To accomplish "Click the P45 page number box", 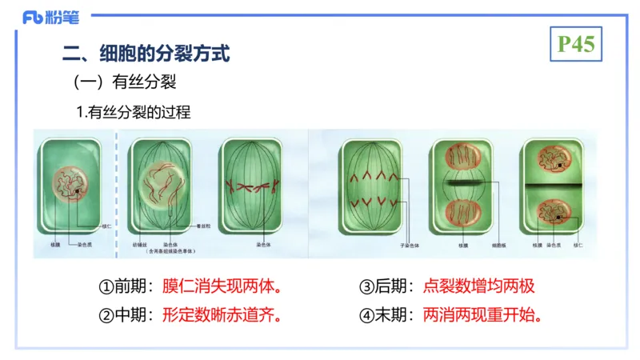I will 576,45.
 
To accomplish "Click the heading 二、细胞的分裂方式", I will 146,54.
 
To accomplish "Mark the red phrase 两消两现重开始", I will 485,314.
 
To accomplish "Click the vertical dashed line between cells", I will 117,192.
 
